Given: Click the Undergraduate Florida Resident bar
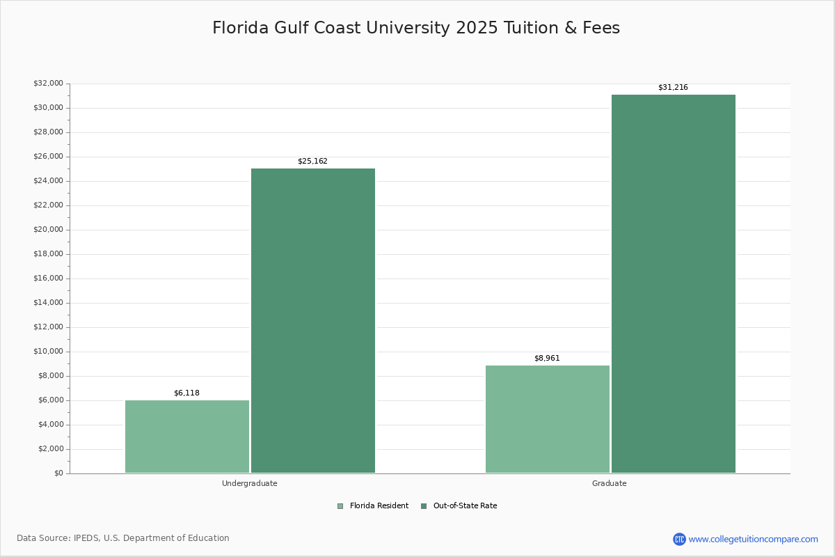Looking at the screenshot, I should pyautogui.click(x=187, y=437).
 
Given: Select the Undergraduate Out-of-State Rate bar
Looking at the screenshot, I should pyautogui.click(x=313, y=320).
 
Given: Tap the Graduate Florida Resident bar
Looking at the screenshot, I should pyautogui.click(x=548, y=419).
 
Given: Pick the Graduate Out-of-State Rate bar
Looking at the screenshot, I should pyautogui.click(x=674, y=283).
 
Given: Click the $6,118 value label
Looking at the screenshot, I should pyautogui.click(x=186, y=393).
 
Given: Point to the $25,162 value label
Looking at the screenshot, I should pyautogui.click(x=312, y=162).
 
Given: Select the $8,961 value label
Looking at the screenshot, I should pyautogui.click(x=547, y=359).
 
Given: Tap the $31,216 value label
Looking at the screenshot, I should pyautogui.click(x=673, y=88).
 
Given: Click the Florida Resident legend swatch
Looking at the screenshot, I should pyautogui.click(x=340, y=506).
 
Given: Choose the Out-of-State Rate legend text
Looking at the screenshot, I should pyautogui.click(x=465, y=506).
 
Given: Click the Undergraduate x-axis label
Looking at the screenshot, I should pyautogui.click(x=250, y=484).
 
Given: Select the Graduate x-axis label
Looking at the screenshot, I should pyautogui.click(x=610, y=484).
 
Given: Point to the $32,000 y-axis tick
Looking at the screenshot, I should pyautogui.click(x=48, y=84).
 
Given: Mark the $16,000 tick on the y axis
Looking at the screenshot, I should pyautogui.click(x=48, y=278).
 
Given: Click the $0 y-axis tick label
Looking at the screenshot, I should pyautogui.click(x=58, y=473).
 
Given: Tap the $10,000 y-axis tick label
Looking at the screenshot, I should pyautogui.click(x=48, y=352).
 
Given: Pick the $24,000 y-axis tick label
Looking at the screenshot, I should pyautogui.click(x=48, y=181).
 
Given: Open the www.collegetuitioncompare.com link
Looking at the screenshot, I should pyautogui.click(x=753, y=539).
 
